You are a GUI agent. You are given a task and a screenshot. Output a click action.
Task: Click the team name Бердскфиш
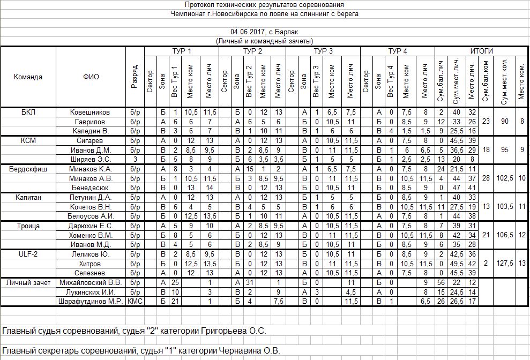coord(28,169)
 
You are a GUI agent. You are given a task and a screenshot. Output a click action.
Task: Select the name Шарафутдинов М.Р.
coord(91,301)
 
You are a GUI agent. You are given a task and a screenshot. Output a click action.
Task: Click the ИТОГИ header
coord(481,51)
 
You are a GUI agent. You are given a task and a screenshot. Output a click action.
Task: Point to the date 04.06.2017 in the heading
coord(248,32)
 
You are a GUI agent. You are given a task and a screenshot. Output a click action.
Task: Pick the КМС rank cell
coord(135,301)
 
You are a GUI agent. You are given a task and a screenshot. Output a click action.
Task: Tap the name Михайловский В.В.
coord(91,282)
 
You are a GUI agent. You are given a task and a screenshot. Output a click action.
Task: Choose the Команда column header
coord(28,77)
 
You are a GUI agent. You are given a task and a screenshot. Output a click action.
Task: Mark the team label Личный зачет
coord(28,282)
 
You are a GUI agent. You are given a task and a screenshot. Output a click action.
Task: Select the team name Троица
coord(28,226)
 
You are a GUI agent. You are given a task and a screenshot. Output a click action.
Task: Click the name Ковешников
coord(91,112)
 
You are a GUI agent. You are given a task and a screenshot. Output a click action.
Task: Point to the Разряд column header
coord(135,77)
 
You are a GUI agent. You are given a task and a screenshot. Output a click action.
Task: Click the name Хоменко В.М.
coord(91,235)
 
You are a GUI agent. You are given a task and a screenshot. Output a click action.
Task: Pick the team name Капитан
coord(28,197)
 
